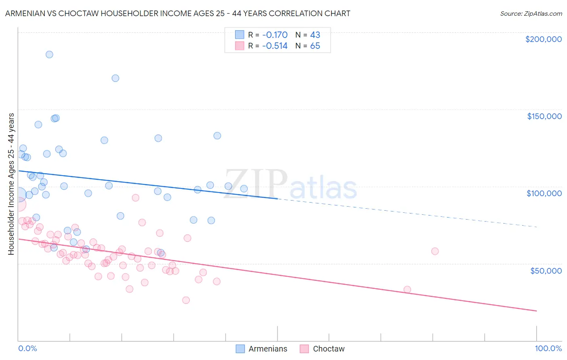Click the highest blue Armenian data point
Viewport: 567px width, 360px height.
(49, 54)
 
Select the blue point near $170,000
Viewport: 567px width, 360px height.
(115, 78)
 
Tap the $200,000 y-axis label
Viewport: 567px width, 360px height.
(543, 39)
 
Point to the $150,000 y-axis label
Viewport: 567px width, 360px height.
(544, 116)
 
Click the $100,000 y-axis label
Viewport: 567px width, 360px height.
(544, 193)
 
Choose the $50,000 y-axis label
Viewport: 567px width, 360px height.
(546, 270)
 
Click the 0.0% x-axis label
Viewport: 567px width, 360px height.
(27, 348)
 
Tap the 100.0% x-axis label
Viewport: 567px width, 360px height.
(548, 348)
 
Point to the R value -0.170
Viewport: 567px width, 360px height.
(275, 35)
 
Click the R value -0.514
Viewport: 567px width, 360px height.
(275, 46)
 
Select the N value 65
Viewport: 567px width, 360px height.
(315, 46)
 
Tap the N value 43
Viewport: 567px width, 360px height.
(315, 35)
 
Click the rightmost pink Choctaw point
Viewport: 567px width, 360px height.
(435, 251)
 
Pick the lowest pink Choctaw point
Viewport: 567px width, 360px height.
(186, 300)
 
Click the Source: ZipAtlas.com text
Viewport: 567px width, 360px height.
(531, 14)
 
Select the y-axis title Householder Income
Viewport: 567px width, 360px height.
(11, 184)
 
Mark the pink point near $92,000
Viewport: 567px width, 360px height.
(135, 198)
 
